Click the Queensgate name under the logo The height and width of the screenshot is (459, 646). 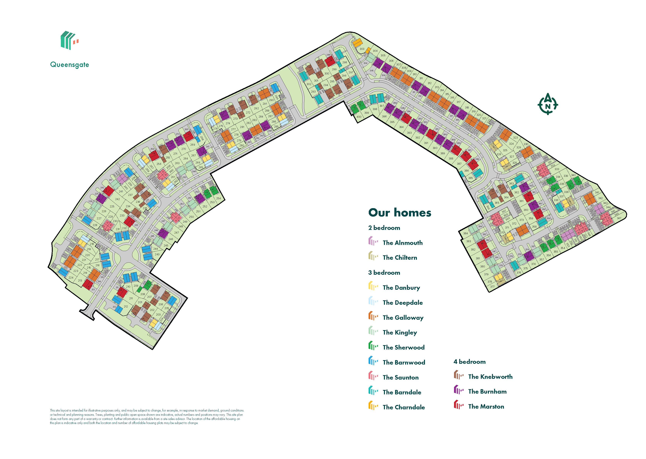pos(69,65)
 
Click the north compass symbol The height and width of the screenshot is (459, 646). pos(548,104)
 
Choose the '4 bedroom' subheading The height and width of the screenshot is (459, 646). pos(469,362)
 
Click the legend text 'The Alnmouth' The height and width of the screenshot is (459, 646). pos(402,243)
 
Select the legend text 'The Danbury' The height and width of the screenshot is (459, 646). pos(401,288)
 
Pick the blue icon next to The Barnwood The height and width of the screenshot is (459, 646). pos(373,361)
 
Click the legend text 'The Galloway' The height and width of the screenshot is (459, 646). pos(403,318)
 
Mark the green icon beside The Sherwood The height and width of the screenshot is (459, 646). pos(373,346)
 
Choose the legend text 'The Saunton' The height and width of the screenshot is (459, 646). pos(401,378)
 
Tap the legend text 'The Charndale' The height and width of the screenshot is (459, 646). pos(404,407)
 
